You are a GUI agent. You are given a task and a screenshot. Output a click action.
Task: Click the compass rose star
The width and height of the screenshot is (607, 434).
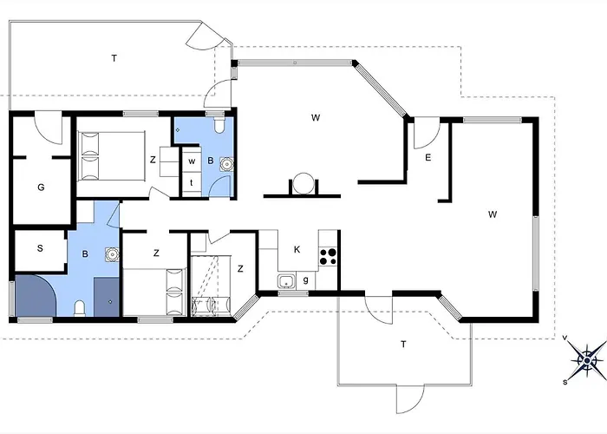[x=587, y=361]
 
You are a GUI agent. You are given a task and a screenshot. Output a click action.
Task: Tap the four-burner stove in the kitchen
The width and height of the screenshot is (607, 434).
[x=328, y=257]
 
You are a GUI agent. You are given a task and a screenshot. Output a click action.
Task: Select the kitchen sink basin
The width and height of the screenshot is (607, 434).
[x=286, y=281]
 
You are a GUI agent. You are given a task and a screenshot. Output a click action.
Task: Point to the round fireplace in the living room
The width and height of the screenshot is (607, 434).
[x=303, y=184]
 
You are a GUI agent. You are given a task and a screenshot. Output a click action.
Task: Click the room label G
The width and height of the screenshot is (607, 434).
[x=41, y=187]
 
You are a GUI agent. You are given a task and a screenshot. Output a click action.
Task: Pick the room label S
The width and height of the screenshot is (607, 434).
[x=40, y=248]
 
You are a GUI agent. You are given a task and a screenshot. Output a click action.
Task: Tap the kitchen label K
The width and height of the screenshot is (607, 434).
[x=297, y=249]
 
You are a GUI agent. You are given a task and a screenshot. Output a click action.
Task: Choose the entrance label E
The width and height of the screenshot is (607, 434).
[x=428, y=157]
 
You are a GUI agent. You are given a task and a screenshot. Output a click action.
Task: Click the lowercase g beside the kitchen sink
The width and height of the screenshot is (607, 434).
[x=306, y=279]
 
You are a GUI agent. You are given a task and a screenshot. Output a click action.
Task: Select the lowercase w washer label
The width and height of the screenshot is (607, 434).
[x=192, y=161]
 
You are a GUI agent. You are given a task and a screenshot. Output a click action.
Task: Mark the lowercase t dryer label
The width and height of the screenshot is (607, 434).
[x=192, y=182]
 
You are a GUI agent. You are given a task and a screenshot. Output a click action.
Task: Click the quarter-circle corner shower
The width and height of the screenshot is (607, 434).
[x=36, y=295]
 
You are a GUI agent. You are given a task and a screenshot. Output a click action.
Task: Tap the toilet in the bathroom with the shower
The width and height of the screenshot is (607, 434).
[x=80, y=308]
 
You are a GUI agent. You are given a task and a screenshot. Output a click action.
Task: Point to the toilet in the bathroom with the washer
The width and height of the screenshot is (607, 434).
[x=219, y=125]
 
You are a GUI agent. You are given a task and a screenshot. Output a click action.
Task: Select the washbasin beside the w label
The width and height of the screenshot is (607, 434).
[x=226, y=164]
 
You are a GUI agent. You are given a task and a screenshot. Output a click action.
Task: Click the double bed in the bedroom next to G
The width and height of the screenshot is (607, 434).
[x=112, y=156]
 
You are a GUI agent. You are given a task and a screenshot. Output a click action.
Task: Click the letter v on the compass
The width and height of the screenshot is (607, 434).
[x=565, y=338]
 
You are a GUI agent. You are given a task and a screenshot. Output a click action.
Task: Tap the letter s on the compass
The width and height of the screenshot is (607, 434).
[x=565, y=383]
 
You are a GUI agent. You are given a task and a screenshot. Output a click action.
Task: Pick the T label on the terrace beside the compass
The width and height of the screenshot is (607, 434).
[x=403, y=344]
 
